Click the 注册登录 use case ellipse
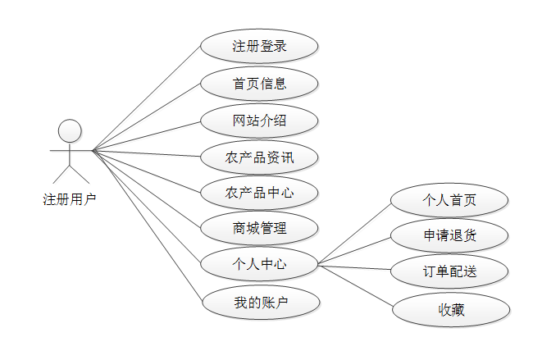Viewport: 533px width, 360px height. (259, 46)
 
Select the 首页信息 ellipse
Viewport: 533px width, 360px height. (259, 83)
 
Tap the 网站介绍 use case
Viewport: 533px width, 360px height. (259, 121)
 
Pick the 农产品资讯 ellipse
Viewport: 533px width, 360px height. (259, 157)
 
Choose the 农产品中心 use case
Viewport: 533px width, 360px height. (259, 193)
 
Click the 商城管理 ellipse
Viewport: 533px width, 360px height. (259, 227)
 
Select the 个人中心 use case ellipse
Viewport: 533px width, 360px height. (259, 264)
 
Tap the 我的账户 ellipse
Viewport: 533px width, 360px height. (259, 303)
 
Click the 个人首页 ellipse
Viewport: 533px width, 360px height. (449, 200)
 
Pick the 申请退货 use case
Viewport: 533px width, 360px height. (449, 236)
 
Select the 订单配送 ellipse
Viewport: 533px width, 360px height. (449, 272)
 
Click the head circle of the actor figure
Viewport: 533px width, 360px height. (71, 130)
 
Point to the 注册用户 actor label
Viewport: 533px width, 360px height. (70, 198)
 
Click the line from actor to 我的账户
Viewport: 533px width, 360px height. (148, 227)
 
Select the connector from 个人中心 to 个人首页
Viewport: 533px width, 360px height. (354, 232)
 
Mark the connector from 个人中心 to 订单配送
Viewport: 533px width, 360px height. (354, 267)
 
